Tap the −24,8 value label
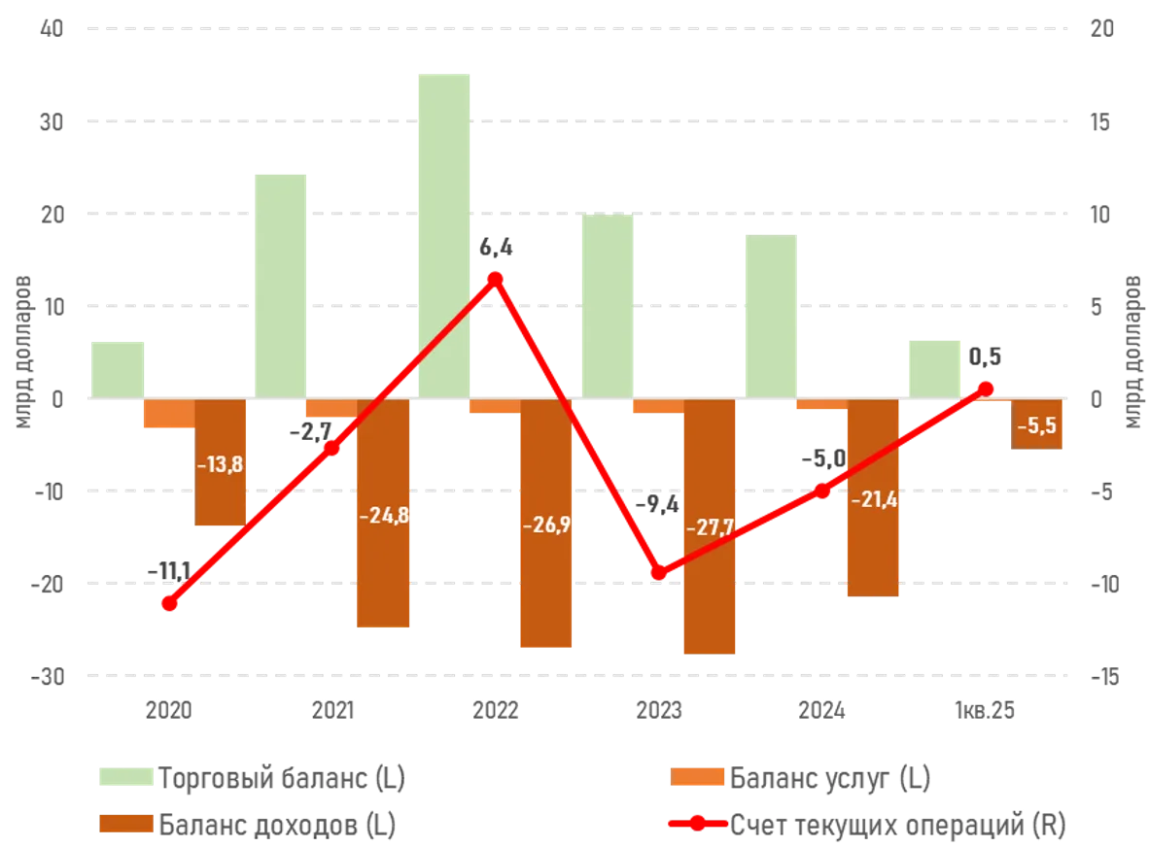(x=383, y=516)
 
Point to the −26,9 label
(x=546, y=525)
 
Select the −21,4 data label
(x=872, y=500)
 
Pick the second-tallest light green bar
(x=281, y=286)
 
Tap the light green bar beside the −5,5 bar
(x=934, y=368)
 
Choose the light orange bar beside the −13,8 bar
(x=168, y=416)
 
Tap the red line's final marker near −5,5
(x=986, y=388)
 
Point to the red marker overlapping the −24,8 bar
(x=332, y=448)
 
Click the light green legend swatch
(x=125, y=778)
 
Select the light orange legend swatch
(x=697, y=778)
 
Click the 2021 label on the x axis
(x=332, y=715)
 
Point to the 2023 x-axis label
(x=659, y=715)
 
